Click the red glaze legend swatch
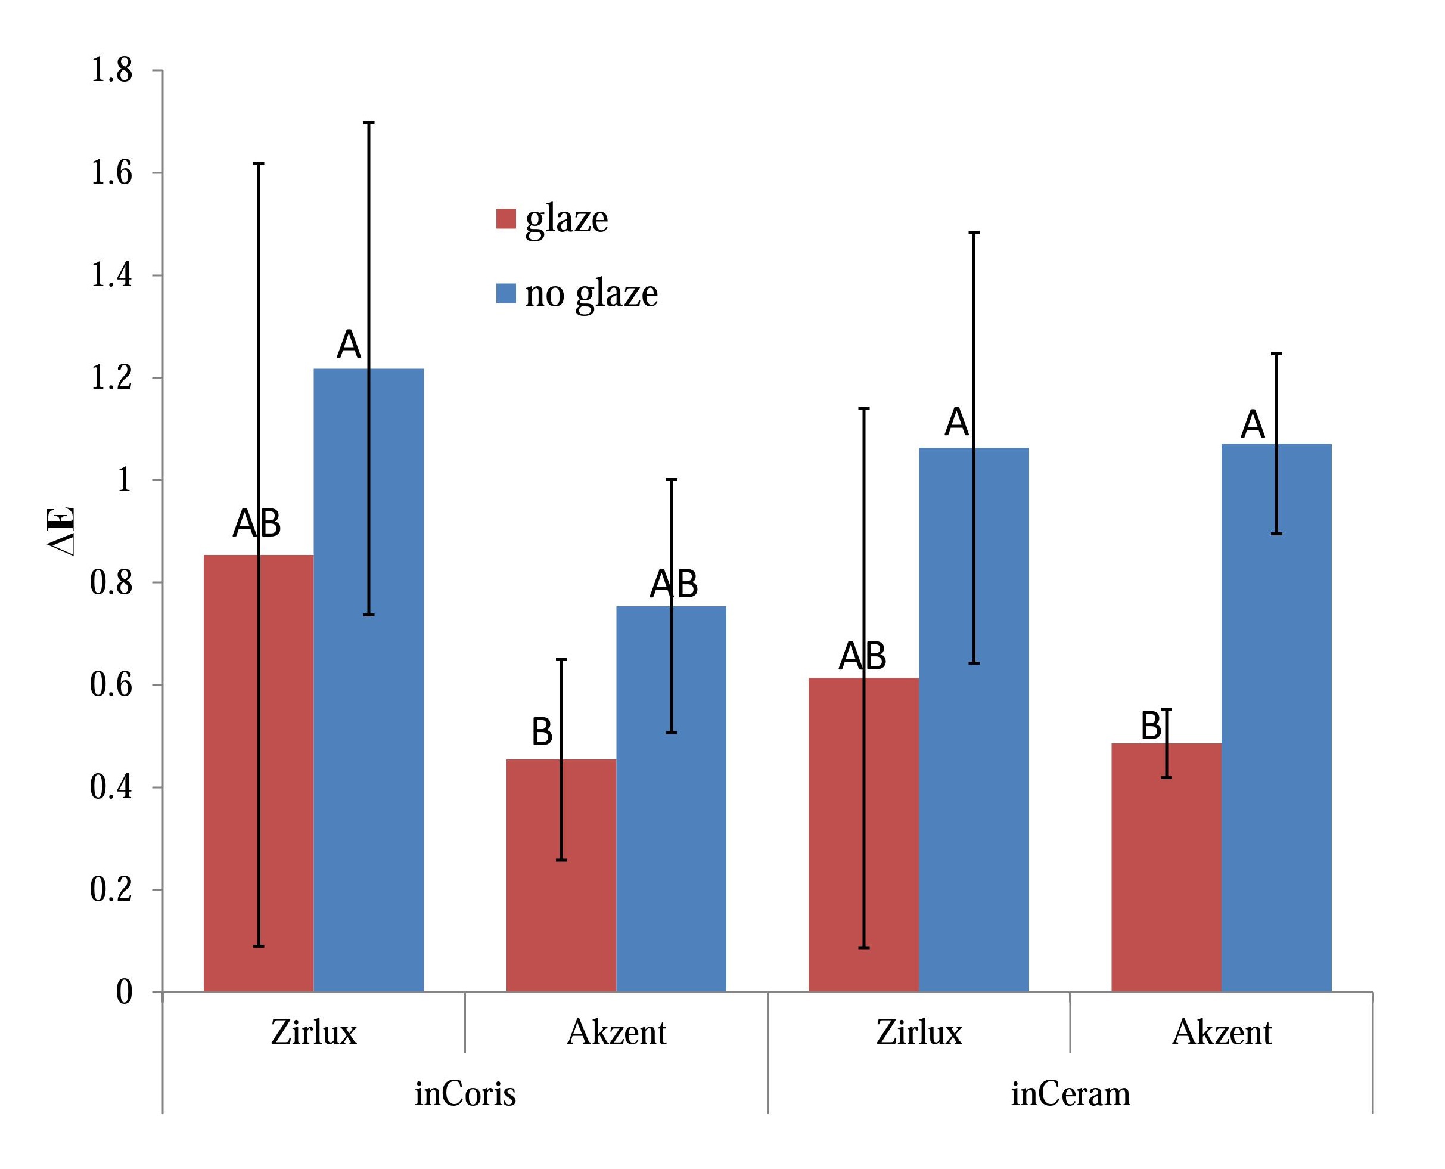pos(506,219)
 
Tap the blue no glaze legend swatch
pos(506,293)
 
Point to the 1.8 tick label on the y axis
pos(111,70)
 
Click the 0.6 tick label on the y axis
pos(111,685)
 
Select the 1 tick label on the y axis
pos(124,480)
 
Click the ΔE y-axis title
pos(62,531)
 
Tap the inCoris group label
pos(465,1093)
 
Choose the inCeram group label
pos(1070,1093)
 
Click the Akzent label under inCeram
pos(1222,1032)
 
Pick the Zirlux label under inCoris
pos(313,1032)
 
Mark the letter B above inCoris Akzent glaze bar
pos(542,732)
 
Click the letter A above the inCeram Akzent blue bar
pos(1253,425)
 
